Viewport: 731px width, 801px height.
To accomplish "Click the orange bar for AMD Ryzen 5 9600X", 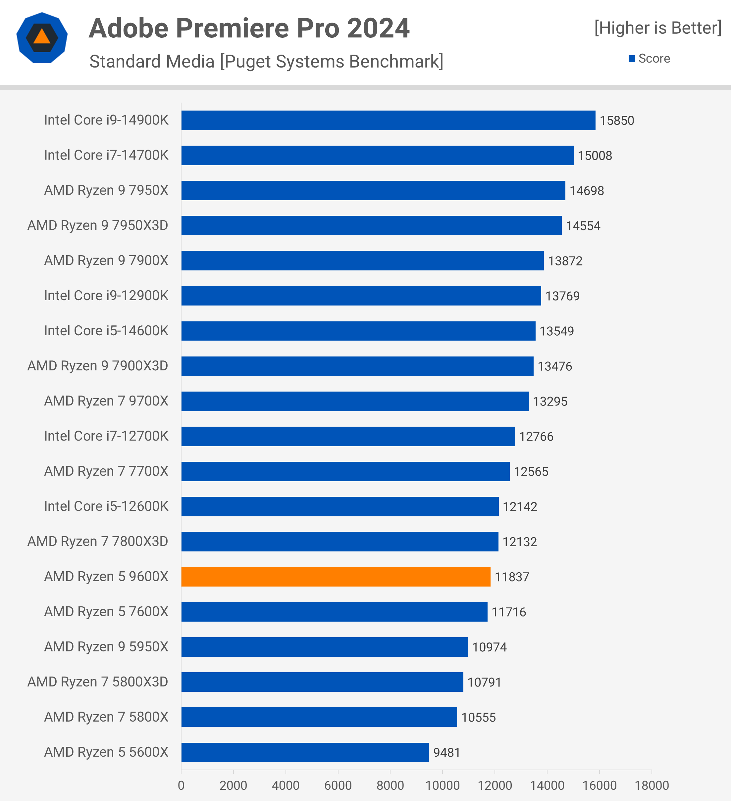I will pos(336,577).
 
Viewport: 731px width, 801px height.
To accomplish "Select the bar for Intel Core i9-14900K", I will pos(389,120).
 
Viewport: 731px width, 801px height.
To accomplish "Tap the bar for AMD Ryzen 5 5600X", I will pos(305,752).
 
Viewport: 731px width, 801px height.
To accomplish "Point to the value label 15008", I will pos(595,155).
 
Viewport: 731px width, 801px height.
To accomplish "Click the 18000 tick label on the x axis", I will pos(652,785).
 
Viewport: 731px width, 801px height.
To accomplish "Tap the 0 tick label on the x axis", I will pos(181,785).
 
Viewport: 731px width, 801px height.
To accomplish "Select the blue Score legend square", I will pos(632,59).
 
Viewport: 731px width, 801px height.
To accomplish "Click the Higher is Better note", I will pos(657,28).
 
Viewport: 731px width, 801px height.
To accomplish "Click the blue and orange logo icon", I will pos(42,37).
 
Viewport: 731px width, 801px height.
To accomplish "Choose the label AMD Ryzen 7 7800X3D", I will pos(98,541).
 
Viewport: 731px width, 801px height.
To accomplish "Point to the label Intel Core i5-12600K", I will pos(106,506).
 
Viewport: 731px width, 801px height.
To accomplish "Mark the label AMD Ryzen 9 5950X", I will pos(106,647).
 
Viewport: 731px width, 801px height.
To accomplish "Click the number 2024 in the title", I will pos(378,28).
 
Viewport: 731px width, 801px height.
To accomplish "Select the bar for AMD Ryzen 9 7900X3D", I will pos(357,366).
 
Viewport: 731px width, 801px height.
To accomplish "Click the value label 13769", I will pos(562,296).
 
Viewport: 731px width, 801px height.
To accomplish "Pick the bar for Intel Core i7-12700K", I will pos(348,436).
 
